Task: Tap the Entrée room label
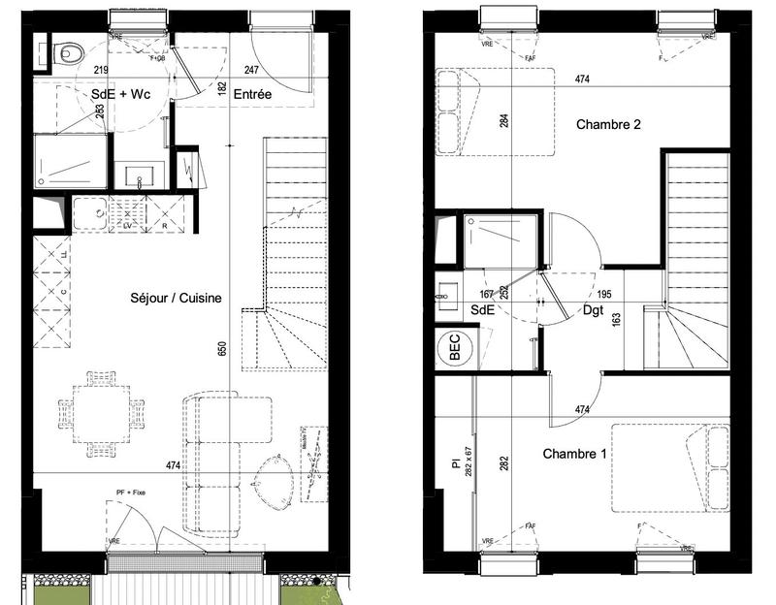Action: click(x=252, y=94)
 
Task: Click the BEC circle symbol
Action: click(x=452, y=349)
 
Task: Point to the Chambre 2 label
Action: click(x=609, y=124)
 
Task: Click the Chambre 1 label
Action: click(x=575, y=454)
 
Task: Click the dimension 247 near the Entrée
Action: click(x=251, y=71)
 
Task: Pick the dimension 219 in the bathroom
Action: click(x=100, y=71)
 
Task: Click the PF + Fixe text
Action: click(x=131, y=494)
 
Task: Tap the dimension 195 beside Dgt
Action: click(x=604, y=293)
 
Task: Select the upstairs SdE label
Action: click(x=482, y=310)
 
